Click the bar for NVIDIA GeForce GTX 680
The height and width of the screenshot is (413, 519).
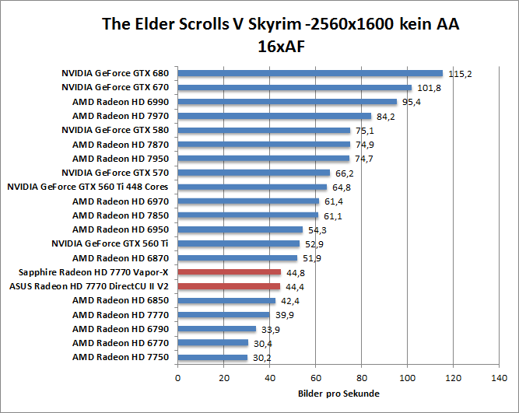pos(310,73)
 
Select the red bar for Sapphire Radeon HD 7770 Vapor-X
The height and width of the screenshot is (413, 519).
pos(230,272)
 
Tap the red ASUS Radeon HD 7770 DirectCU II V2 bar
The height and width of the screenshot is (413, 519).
pos(229,286)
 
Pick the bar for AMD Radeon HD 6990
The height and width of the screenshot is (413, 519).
pos(287,102)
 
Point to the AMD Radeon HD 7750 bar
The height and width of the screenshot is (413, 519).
pos(212,357)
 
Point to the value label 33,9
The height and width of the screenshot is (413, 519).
pos(272,330)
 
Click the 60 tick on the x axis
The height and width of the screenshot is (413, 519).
pos(316,378)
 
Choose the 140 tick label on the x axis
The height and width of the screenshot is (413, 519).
pos(499,378)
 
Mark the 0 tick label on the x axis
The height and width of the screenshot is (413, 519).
pos(178,378)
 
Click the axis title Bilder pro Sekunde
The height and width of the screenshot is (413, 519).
pos(338,394)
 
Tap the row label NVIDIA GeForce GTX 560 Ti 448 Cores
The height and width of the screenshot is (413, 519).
pos(87,187)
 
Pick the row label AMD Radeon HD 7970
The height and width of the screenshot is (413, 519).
pos(121,116)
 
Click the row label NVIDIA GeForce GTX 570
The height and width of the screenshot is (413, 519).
pos(115,173)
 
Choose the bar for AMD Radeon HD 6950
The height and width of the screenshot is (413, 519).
pos(240,229)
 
